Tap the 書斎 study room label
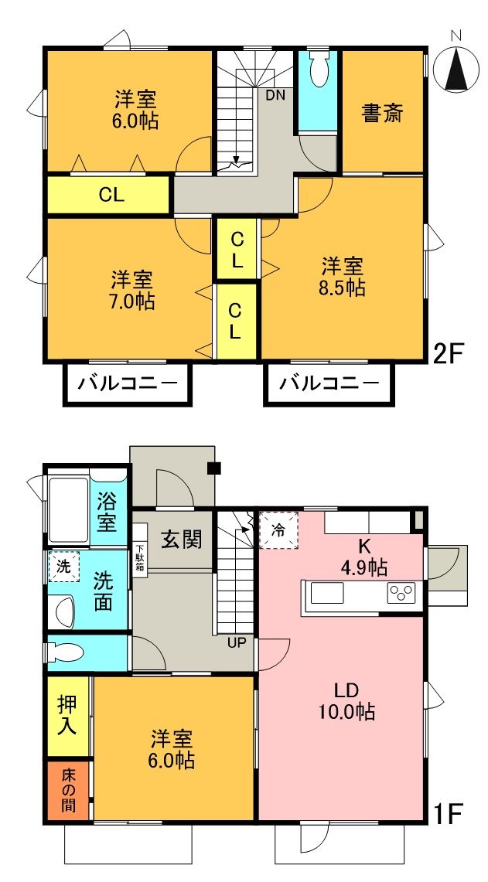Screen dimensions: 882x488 [383, 114]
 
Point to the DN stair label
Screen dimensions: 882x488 [275, 96]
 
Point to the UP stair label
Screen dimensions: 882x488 [237, 642]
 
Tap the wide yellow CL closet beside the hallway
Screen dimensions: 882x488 [110, 196]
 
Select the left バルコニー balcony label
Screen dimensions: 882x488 [126, 383]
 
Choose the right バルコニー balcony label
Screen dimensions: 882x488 [330, 383]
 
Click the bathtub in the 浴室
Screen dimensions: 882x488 [68, 510]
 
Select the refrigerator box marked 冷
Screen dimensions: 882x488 [279, 531]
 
